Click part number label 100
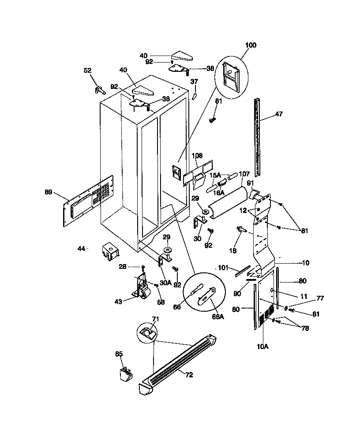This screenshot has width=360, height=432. click(x=250, y=45)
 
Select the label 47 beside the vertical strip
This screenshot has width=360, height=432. click(x=278, y=114)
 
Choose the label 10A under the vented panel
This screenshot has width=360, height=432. click(x=262, y=346)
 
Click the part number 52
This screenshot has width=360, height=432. click(x=87, y=70)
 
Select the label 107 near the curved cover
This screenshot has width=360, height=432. click(x=244, y=174)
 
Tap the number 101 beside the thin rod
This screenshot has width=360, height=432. click(x=222, y=268)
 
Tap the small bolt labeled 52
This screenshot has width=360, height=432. click(x=99, y=90)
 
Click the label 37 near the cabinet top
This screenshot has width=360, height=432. click(x=194, y=81)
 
